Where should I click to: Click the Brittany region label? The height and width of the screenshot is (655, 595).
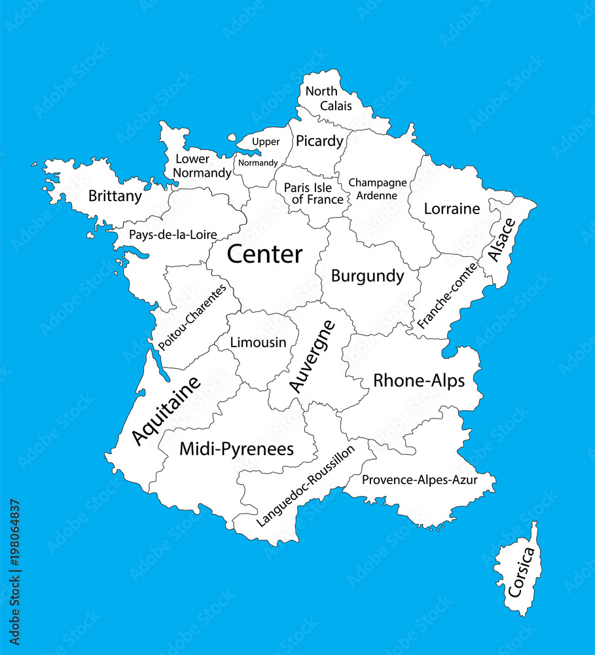point(115,196)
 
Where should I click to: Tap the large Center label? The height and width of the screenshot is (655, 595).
point(264,254)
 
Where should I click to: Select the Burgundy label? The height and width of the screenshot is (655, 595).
point(367,276)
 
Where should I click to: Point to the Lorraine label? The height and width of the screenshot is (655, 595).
point(452,209)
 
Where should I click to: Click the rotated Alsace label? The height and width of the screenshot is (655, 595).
point(501,240)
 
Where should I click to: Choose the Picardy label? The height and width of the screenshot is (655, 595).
point(319,141)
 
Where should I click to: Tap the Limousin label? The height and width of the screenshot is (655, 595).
point(258,342)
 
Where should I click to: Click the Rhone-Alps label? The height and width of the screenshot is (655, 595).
point(419,381)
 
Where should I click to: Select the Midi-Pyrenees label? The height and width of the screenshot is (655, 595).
point(236,449)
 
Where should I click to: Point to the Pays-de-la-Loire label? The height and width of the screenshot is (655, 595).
point(173,234)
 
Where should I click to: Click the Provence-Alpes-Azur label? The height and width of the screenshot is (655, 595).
point(420,480)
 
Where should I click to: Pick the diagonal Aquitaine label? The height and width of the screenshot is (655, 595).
point(166,411)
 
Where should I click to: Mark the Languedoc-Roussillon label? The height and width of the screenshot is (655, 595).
point(306,485)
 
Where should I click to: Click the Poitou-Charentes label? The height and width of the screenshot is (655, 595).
point(192,317)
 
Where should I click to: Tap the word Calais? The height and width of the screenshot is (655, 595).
point(336,105)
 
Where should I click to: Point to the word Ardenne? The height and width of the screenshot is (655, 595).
point(378,195)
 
